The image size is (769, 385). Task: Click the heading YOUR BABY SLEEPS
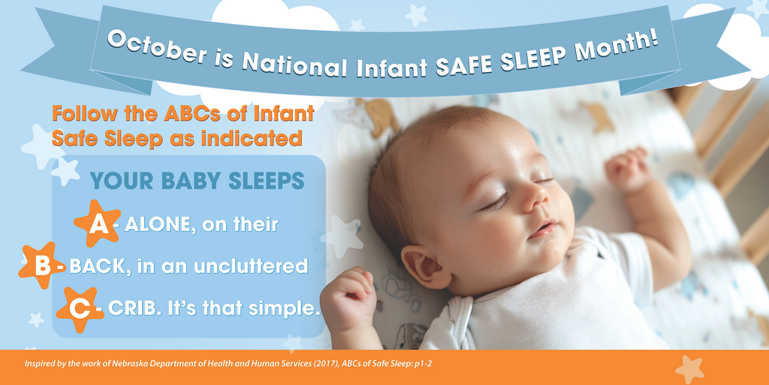(197, 181)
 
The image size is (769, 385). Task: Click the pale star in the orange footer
(689, 368)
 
